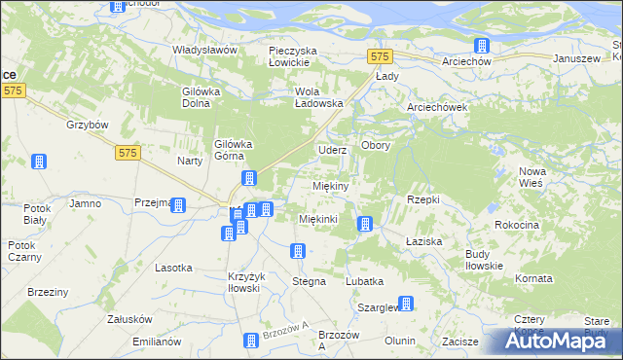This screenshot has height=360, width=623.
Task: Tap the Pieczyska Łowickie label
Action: tap(303, 55)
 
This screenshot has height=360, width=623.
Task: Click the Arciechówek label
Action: tap(438, 107)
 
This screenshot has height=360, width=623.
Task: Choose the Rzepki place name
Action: tap(422, 198)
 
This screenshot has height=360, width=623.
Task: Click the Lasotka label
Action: tap(173, 268)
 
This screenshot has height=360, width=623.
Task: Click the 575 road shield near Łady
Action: tap(381, 56)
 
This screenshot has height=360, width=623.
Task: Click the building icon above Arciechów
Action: tap(481, 45)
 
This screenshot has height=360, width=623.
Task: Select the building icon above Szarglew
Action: tap(407, 303)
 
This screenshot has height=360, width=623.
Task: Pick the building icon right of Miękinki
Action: tap(365, 225)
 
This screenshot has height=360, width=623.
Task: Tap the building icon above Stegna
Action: tap(297, 252)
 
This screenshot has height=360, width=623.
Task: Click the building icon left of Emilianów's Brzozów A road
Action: tap(250, 340)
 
